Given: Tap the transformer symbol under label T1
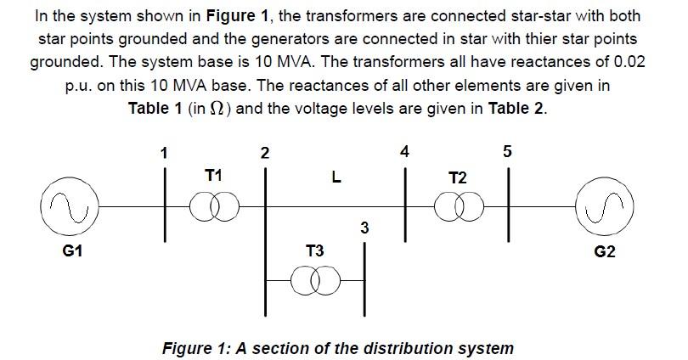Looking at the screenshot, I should click(x=213, y=206).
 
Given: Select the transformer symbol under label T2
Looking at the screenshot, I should click(x=457, y=206).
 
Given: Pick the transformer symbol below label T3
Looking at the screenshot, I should click(x=314, y=279).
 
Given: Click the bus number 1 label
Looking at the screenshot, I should click(x=164, y=153).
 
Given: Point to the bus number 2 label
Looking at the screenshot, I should click(x=265, y=153).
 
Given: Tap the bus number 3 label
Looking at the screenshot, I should click(x=364, y=228).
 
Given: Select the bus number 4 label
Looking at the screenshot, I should click(x=404, y=152).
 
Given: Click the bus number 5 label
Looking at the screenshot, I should click(x=507, y=152).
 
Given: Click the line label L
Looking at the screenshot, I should click(x=336, y=178).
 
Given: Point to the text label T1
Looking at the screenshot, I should click(x=213, y=175).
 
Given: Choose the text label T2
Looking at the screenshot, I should click(x=457, y=177).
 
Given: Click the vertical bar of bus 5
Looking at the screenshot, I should click(x=510, y=204).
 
